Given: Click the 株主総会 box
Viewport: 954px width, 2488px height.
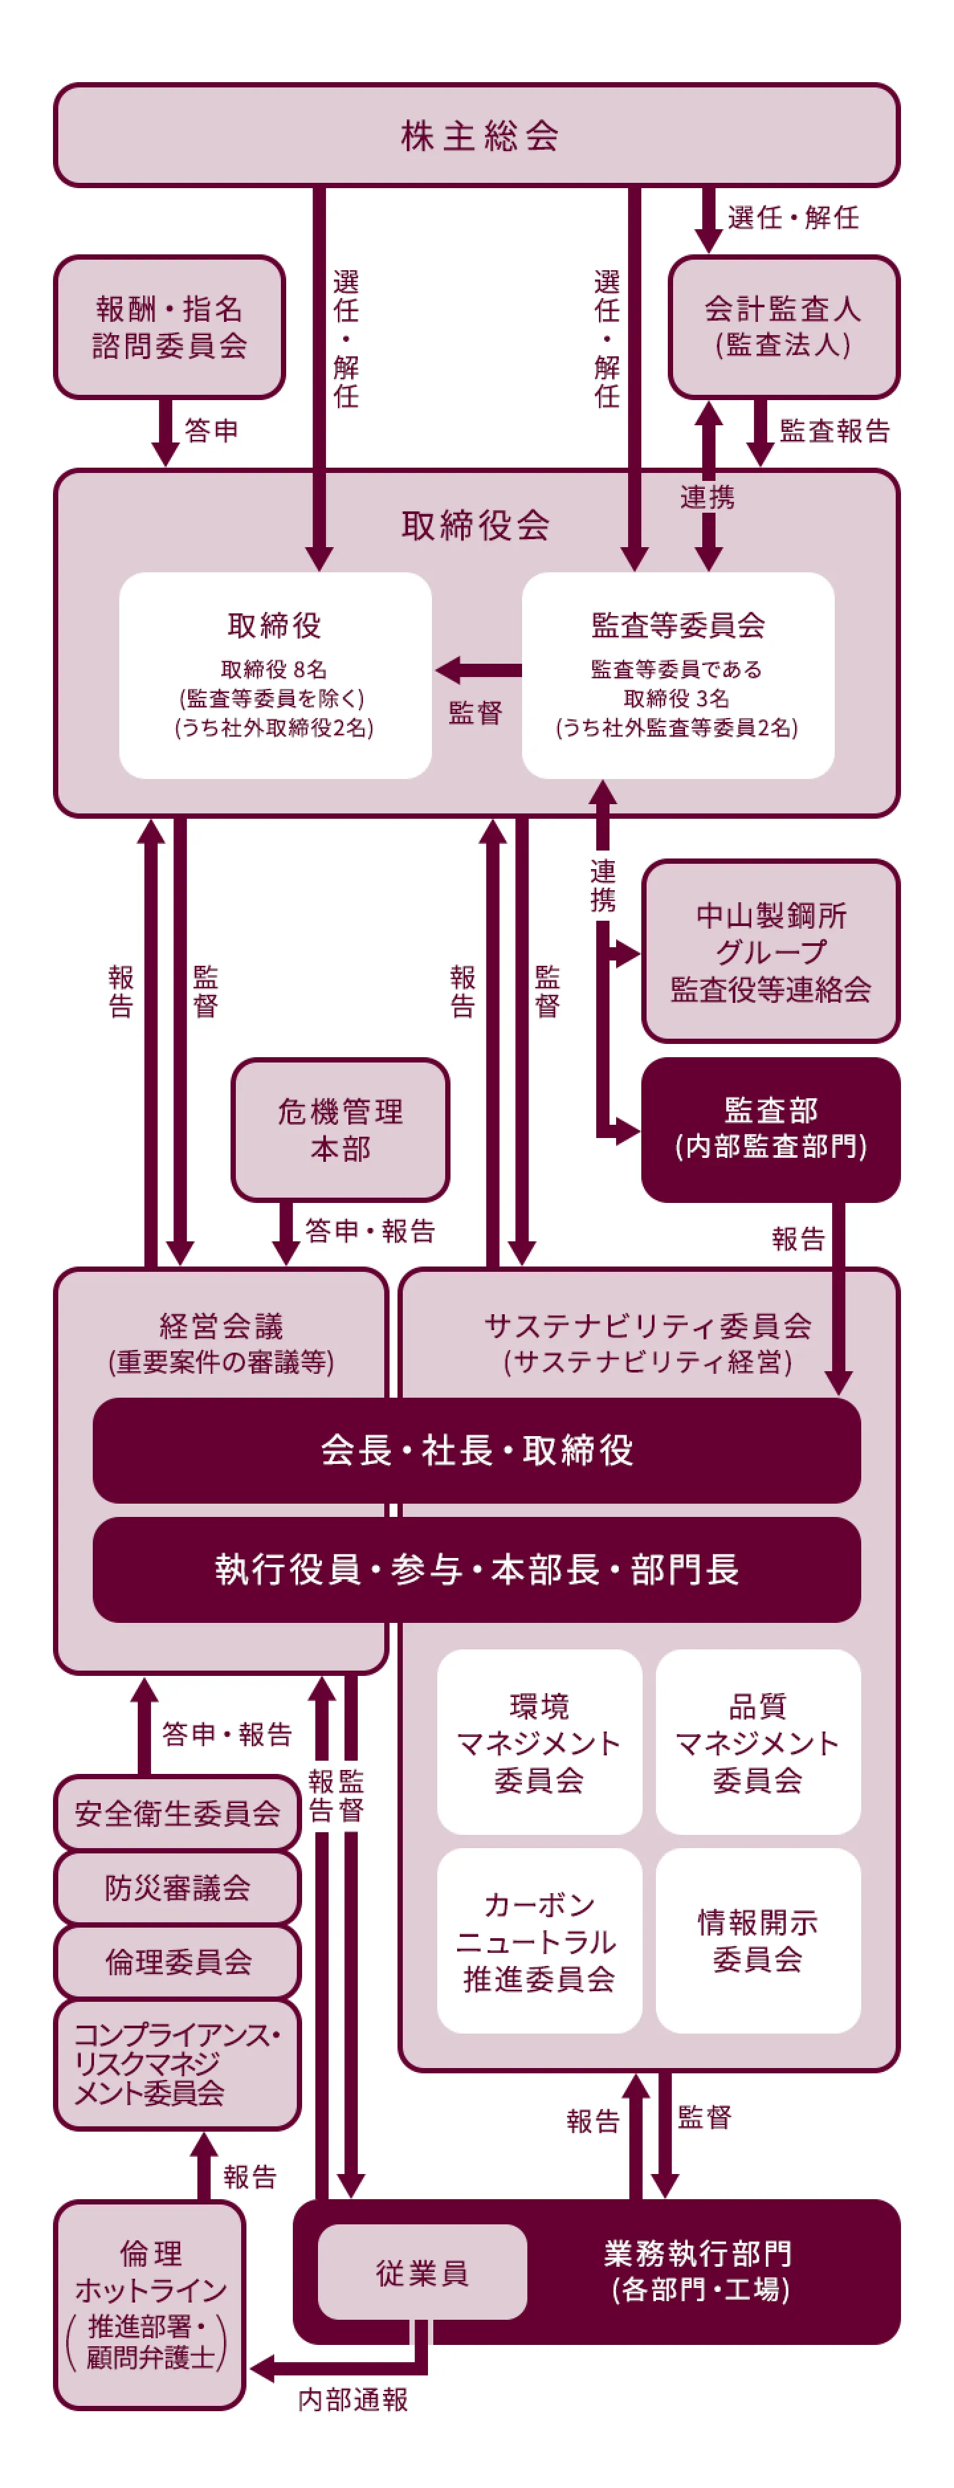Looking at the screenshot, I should pos(477,135).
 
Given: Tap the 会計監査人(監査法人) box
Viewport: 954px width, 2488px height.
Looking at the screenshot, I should pos(783,327).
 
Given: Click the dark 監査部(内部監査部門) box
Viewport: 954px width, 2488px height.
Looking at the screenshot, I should pos(770,1129).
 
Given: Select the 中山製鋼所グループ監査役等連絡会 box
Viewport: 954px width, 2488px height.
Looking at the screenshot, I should pos(770,951).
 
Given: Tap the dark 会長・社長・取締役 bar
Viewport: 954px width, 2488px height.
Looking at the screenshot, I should pos(477,1450).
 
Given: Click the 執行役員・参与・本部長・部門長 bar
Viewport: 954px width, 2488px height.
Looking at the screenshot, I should pos(477,1569).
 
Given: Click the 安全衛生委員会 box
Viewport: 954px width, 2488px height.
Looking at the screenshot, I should pos(178,1813).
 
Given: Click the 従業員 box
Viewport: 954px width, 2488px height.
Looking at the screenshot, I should pos(422,2271).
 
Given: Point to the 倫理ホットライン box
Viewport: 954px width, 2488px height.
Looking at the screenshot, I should pos(150,2305).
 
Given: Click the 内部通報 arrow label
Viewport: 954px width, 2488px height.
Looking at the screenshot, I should pos(352,2399).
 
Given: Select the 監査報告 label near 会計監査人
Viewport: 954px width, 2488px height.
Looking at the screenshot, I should pos(834,431).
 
